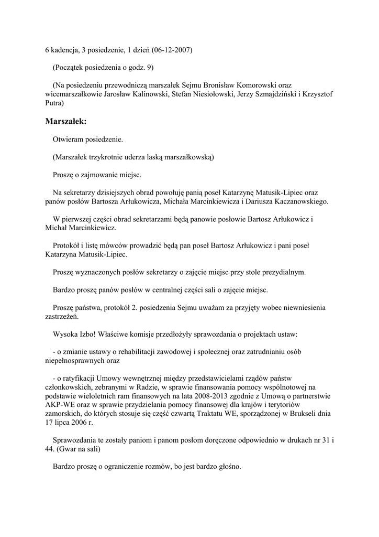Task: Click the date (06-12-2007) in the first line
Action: click(172, 50)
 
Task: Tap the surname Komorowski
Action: click(269, 84)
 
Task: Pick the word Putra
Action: click(54, 103)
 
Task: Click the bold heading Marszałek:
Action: click(65, 122)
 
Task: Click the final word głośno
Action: click(228, 467)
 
